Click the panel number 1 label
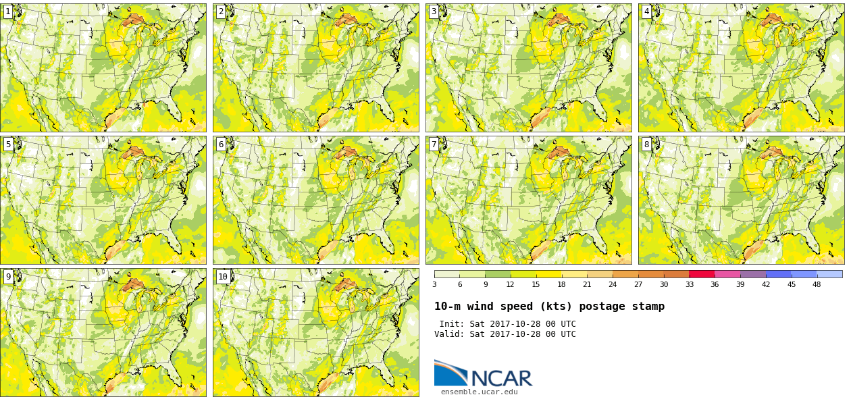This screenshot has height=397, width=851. pyautogui.click(x=8, y=11)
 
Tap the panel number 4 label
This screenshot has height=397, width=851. pyautogui.click(x=646, y=11)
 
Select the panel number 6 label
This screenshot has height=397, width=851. pyautogui.click(x=221, y=144)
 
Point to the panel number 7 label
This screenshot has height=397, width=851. pyautogui.click(x=434, y=144)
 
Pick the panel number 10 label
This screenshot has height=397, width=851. pyautogui.click(x=223, y=277)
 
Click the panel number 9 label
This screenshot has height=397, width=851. pyautogui.click(x=8, y=277)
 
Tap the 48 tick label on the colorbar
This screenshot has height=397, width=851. pyautogui.click(x=817, y=284)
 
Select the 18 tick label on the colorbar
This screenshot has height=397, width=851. pyautogui.click(x=561, y=284)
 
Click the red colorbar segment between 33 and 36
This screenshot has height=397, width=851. pyautogui.click(x=702, y=274)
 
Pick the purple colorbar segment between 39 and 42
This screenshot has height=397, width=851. pyautogui.click(x=753, y=274)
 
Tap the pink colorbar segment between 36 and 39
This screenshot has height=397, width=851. pyautogui.click(x=727, y=274)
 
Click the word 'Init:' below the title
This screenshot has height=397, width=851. pyautogui.click(x=452, y=324)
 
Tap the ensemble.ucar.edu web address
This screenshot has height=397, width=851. pyautogui.click(x=479, y=392)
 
